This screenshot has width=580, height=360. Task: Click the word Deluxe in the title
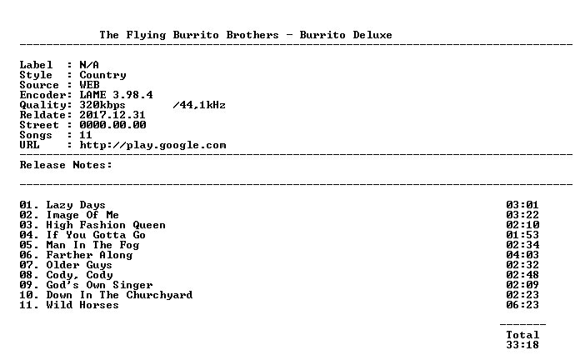[372, 35]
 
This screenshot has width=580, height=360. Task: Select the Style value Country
[102, 76]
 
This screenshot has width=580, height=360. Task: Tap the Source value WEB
[89, 85]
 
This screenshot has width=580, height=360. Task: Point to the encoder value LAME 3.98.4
[116, 95]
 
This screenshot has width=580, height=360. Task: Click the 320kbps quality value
[102, 106]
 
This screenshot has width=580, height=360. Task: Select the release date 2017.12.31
[112, 115]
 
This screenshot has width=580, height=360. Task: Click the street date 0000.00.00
[112, 125]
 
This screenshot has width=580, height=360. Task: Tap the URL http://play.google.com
[152, 145]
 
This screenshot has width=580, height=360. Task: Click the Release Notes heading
[66, 165]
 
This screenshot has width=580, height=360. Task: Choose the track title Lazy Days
[76, 205]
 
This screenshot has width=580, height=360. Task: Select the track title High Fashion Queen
[106, 225]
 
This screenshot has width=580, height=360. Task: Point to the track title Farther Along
[89, 255]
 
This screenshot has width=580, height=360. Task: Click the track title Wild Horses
[82, 305]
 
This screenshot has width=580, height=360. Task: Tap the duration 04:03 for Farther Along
[522, 255]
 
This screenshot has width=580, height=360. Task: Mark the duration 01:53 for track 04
[522, 235]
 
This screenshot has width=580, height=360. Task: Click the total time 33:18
[522, 345]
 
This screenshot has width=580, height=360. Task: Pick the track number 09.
[27, 285]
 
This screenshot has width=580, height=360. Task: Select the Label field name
[37, 65]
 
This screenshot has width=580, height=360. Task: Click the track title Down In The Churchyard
[119, 295]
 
